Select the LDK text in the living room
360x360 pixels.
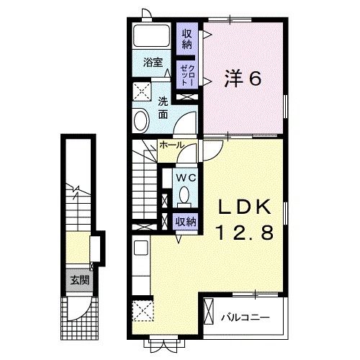tap(243, 207)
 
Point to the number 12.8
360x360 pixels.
tap(243, 233)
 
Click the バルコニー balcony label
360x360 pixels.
tap(245, 316)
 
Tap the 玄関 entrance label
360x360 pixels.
tap(79, 280)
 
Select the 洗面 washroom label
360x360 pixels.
tap(163, 107)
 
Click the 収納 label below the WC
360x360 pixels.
tap(186, 222)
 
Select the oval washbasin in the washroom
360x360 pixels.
tap(141, 120)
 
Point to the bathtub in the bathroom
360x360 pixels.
tap(153, 37)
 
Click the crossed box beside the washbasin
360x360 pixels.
tap(140, 92)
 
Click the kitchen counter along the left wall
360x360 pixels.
tap(140, 266)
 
